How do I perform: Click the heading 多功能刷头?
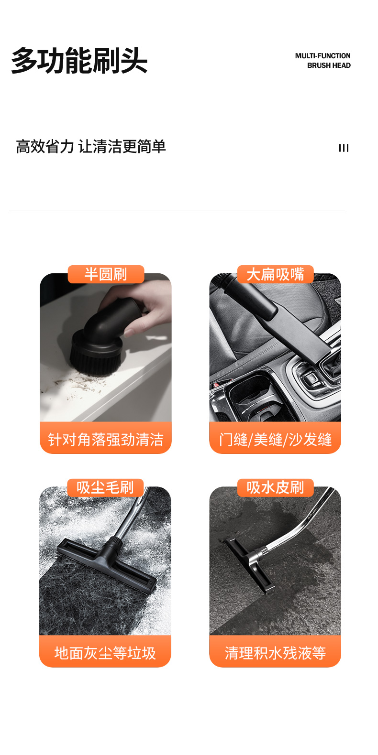(x=79, y=61)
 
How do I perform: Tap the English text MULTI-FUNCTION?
(x=322, y=56)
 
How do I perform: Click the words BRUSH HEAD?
(x=329, y=65)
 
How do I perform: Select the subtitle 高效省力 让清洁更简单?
(x=91, y=146)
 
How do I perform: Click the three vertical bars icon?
(x=344, y=148)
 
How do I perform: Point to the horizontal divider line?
(x=177, y=211)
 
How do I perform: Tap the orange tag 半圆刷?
(x=106, y=274)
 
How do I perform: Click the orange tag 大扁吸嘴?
(x=275, y=274)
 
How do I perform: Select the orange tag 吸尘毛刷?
(x=105, y=487)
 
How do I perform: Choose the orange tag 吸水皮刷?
(x=275, y=487)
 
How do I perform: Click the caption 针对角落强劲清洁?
(x=105, y=439)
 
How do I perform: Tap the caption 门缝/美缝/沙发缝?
(x=275, y=439)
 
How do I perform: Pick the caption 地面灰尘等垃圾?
(x=105, y=653)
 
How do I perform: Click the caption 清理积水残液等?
(x=275, y=653)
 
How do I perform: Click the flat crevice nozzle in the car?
(x=306, y=334)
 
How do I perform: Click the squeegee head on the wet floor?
(x=249, y=564)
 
